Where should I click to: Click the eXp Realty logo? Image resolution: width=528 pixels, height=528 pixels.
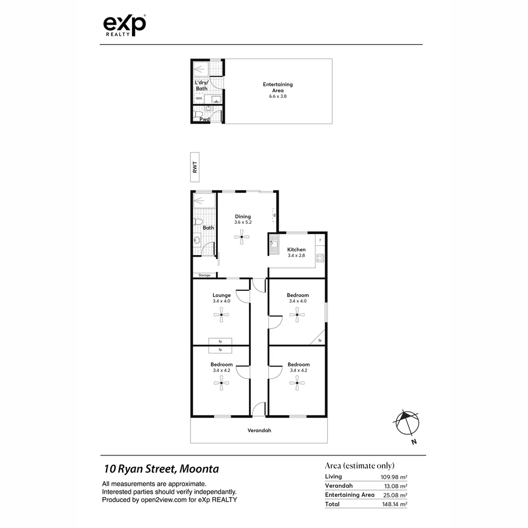124,25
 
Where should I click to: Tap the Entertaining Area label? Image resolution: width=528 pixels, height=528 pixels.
278,87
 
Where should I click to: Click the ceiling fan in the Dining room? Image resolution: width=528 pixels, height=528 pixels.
242,238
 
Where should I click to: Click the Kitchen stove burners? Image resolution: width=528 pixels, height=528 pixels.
320,258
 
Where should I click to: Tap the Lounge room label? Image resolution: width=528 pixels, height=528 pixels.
221,295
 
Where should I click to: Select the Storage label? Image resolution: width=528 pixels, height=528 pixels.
204,275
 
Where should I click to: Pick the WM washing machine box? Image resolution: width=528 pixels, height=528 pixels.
199,98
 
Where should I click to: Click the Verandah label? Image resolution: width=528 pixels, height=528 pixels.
259,431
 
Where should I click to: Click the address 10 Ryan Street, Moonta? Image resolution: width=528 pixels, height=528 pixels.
161,469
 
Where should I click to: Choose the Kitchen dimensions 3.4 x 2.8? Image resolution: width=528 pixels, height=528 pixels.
296,255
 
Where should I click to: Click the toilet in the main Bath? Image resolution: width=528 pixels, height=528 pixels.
198,222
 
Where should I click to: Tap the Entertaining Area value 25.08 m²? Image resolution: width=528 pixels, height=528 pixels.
396,495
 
